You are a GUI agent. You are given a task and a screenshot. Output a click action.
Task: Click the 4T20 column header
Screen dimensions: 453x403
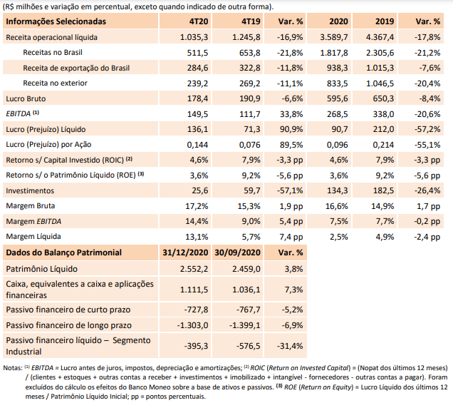click(x=199, y=21)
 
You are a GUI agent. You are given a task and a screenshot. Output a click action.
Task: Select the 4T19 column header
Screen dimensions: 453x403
click(x=251, y=21)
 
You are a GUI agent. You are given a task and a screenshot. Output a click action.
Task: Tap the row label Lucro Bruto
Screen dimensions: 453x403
click(x=26, y=98)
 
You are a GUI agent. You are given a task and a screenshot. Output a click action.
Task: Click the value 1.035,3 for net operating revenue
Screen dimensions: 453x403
click(x=194, y=37)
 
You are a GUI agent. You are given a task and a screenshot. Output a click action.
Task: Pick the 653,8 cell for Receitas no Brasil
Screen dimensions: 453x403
click(x=249, y=53)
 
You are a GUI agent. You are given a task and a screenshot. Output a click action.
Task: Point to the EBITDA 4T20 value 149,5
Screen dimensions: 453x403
click(x=197, y=114)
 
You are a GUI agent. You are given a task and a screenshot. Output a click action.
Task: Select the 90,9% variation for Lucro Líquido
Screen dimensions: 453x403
click(x=291, y=129)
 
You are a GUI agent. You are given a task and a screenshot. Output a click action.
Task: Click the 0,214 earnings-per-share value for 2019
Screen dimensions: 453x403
click(x=383, y=145)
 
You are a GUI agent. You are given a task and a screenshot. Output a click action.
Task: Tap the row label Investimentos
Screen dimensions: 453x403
click(x=30, y=190)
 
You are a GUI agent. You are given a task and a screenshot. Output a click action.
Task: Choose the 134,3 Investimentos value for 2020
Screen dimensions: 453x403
click(x=338, y=190)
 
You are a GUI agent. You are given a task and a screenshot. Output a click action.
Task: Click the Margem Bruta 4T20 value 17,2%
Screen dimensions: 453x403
click(x=197, y=206)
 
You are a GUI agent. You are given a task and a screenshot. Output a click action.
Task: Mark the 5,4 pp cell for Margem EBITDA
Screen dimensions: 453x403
click(x=291, y=221)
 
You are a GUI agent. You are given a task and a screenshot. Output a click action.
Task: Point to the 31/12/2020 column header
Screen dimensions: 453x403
click(x=185, y=252)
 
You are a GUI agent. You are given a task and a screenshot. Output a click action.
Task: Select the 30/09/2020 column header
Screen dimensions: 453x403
click(x=237, y=252)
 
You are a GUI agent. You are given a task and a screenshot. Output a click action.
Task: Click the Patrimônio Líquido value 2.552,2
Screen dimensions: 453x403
click(x=194, y=269)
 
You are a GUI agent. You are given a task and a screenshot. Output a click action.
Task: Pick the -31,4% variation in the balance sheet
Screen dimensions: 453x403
click(x=290, y=346)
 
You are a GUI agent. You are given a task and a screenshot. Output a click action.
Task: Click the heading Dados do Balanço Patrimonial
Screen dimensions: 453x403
click(x=64, y=252)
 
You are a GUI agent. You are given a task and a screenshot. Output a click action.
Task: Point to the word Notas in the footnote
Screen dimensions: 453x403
click(x=13, y=368)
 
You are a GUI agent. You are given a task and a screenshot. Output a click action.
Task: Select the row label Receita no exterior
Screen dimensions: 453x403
click(x=55, y=83)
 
